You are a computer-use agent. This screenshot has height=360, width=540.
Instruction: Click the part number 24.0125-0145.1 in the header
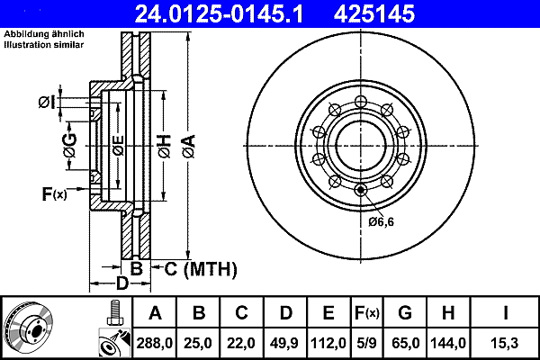point(219,14)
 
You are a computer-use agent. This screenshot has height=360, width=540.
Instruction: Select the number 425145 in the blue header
point(374,14)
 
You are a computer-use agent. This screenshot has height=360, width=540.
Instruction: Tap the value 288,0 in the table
point(154,343)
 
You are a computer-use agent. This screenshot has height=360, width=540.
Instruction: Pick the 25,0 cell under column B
point(198,343)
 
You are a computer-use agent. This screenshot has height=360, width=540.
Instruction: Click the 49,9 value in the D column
point(284,343)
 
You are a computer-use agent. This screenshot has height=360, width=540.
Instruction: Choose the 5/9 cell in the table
point(366,343)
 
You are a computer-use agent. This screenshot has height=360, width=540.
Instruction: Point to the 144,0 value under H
point(448,343)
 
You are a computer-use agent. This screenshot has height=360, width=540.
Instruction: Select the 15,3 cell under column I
point(505,343)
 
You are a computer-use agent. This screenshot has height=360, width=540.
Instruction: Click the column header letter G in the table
point(405,313)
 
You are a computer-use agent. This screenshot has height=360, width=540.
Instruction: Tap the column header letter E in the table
point(328,313)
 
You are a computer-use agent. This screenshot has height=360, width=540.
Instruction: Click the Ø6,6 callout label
point(382,222)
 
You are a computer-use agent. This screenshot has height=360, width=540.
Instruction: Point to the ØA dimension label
point(189,147)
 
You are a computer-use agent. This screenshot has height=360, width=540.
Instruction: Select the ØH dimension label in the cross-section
point(165,147)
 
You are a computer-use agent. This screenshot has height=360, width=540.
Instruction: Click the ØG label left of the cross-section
point(70,146)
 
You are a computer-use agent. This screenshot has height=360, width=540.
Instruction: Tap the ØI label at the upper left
point(47,103)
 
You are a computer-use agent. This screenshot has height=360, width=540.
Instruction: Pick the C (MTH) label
point(201,269)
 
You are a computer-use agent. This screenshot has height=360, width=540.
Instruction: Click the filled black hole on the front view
point(361,190)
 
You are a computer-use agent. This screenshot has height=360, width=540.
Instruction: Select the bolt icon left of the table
point(114,312)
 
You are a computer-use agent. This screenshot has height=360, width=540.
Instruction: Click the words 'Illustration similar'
point(44,45)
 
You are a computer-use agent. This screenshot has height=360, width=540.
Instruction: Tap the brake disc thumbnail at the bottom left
point(28,328)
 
